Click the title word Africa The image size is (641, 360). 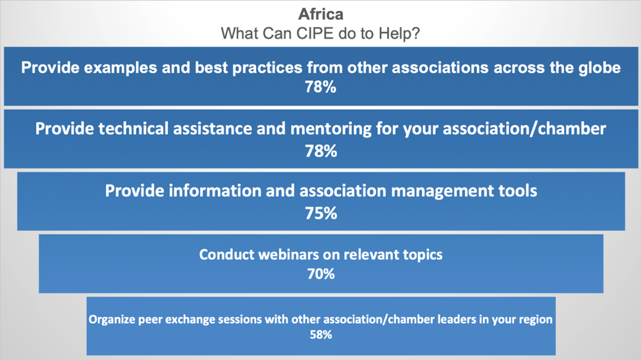pyautogui.click(x=321, y=14)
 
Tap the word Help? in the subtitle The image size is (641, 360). pyautogui.click(x=399, y=33)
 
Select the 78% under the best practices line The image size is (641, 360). pyautogui.click(x=320, y=87)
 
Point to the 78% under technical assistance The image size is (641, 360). pyautogui.click(x=321, y=151)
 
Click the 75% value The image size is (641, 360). pyautogui.click(x=321, y=213)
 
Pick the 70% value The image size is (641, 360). pyautogui.click(x=321, y=274)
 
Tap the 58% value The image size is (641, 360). pyautogui.click(x=321, y=335)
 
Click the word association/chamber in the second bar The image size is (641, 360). pyautogui.click(x=525, y=129)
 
